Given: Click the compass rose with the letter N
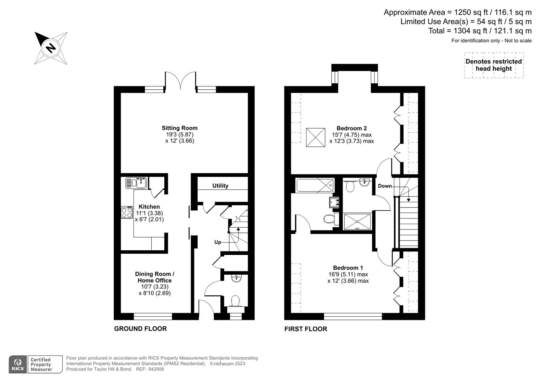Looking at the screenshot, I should (x=51, y=48).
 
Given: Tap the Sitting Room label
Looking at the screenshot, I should (x=180, y=128).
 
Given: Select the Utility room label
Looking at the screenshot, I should (x=220, y=185).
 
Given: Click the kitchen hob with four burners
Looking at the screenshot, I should (x=127, y=212).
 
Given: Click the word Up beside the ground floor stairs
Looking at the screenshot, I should (x=218, y=242).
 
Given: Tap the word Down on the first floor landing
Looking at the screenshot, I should (x=385, y=186).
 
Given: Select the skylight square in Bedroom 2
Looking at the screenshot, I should (x=315, y=137).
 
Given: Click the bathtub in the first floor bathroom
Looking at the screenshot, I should (x=315, y=185).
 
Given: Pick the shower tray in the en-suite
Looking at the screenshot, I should (x=357, y=221).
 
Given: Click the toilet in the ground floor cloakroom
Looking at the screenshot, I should (x=235, y=301).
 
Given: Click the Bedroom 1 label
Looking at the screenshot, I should (x=348, y=268).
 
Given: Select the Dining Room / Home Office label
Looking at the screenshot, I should (x=154, y=277).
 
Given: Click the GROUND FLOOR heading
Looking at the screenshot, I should (x=140, y=329).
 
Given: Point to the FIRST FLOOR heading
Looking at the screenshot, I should (x=306, y=329).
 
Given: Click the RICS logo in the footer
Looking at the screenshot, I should (x=17, y=365).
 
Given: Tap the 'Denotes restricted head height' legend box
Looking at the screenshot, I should (x=494, y=65).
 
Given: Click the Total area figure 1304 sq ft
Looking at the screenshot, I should (x=480, y=31).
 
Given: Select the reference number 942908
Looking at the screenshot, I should (x=156, y=369).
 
